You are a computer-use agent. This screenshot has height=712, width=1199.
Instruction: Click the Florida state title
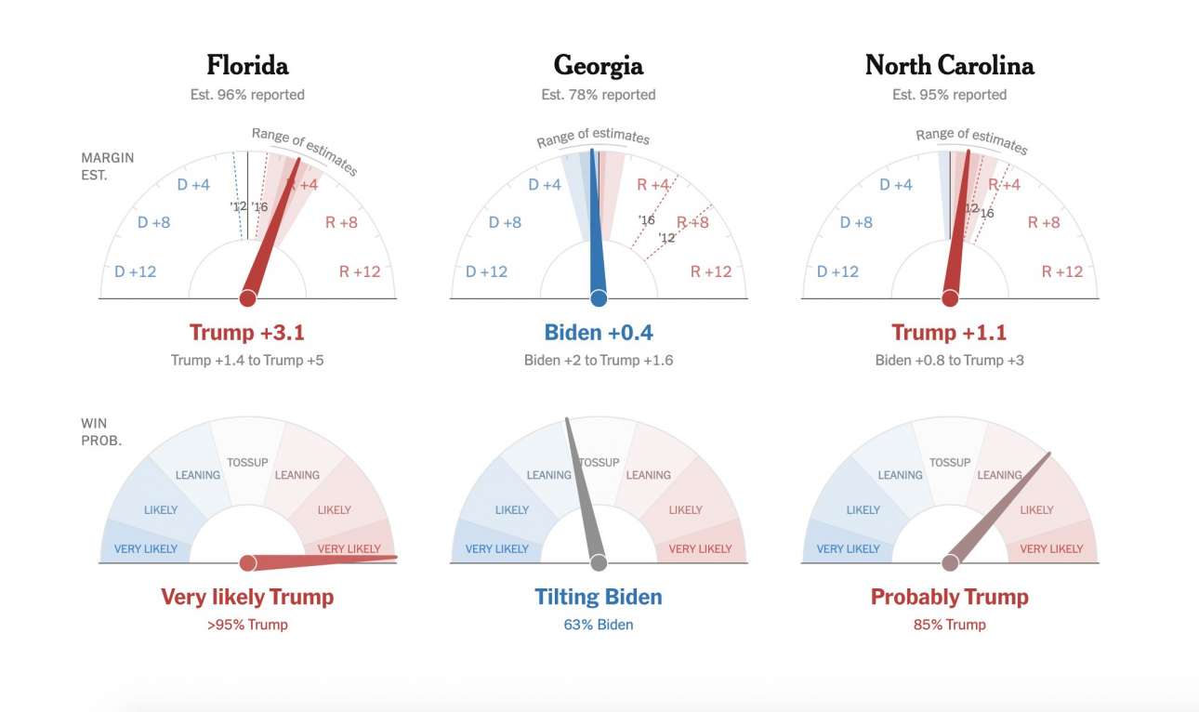[x=247, y=65]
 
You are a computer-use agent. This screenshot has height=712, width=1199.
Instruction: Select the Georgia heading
[x=599, y=65]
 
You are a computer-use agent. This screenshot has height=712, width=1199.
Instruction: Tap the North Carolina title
[x=949, y=65]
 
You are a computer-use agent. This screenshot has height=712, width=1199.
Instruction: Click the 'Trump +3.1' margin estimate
[x=247, y=332]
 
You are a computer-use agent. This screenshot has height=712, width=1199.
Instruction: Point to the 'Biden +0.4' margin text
[x=599, y=332]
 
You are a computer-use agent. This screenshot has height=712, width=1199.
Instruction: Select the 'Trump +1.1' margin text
[x=949, y=332]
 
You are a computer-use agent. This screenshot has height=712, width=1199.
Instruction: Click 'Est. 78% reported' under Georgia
[x=599, y=95]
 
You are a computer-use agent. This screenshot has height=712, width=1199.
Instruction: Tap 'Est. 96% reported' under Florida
[x=247, y=95]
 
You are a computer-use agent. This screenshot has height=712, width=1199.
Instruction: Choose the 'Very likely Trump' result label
[x=247, y=597]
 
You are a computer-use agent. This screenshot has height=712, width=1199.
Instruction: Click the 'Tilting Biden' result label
[x=599, y=597]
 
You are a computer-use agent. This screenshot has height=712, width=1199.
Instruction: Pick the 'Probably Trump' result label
[x=949, y=597]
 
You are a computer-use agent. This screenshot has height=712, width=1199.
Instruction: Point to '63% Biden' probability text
[x=599, y=625]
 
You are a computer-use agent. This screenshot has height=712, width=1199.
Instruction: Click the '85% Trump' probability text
[x=949, y=625]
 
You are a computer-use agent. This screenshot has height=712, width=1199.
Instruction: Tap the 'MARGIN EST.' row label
[x=107, y=165]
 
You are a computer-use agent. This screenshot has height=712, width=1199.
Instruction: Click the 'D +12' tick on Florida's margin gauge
[x=136, y=271]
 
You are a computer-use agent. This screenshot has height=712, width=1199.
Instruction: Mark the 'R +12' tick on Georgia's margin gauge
[x=711, y=271]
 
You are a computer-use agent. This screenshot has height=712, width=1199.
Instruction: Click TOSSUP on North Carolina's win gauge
[x=950, y=462]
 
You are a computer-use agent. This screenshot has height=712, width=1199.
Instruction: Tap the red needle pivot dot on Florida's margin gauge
[x=247, y=298]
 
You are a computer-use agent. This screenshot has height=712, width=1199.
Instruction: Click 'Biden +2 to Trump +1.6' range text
[x=599, y=360]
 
